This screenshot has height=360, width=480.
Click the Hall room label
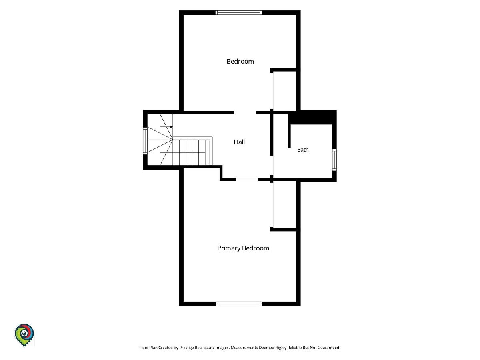point(239,142)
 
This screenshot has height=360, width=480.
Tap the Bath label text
point(303,150)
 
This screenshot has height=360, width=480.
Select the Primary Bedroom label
point(243,248)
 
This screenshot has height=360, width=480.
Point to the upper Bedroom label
point(240,62)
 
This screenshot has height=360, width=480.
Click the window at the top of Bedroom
point(238,12)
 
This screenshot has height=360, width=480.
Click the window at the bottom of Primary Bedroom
point(239,304)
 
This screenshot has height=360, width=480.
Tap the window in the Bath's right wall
point(334,160)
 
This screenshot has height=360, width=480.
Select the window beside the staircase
point(145,141)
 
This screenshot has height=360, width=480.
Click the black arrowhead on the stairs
point(172,127)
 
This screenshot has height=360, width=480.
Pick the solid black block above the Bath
point(312,118)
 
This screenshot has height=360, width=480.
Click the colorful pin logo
point(24,335)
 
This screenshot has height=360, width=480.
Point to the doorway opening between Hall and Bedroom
point(245,112)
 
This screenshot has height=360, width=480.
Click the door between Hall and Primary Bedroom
point(247,180)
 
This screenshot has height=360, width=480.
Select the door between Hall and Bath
point(272,165)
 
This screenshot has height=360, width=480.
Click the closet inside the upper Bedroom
point(284,90)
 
